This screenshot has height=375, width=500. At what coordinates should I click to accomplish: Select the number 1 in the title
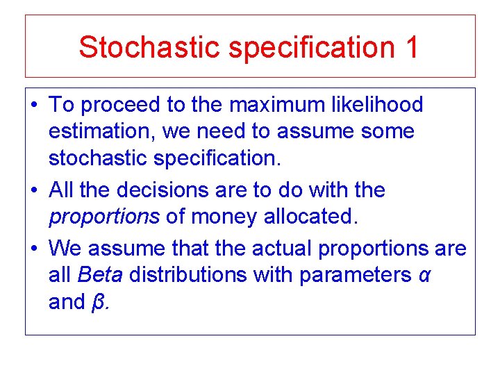tap(410, 47)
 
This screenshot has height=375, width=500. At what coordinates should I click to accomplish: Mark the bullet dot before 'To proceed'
tap(35, 106)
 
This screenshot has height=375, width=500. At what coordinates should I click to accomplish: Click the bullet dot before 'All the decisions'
tap(35, 190)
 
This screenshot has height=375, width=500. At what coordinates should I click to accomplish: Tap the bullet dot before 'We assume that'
tap(35, 248)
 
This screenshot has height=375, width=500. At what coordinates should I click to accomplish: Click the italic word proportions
tap(104, 217)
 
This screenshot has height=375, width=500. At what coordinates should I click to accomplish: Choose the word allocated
tap(310, 217)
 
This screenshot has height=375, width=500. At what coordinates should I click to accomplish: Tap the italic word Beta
tap(101, 274)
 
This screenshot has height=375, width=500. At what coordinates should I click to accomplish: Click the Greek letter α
tap(425, 276)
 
